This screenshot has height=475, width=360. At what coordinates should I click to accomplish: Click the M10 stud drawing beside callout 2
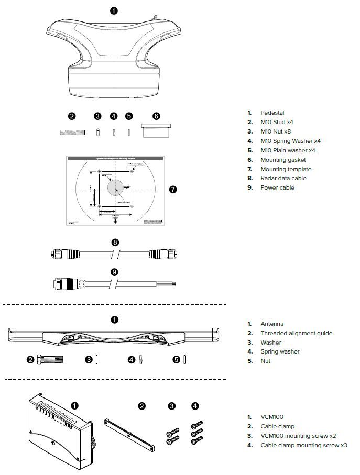tap(72, 133)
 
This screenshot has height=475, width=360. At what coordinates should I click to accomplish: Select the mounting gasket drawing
tap(156, 131)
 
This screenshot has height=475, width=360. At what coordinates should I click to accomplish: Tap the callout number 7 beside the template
tap(173, 189)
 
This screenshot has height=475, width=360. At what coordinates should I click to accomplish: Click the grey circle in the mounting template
tap(115, 187)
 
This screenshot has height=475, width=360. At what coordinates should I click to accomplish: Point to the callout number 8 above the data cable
tap(115, 242)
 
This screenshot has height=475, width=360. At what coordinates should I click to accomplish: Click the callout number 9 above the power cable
tap(115, 272)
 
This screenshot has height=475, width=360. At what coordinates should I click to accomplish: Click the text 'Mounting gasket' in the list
tap(283, 160)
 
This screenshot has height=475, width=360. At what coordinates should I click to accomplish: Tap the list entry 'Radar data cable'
tap(283, 178)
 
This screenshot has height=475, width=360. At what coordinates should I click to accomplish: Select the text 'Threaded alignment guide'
tap(297, 333)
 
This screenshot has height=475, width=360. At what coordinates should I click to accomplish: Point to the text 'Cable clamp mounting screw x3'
tap(303, 445)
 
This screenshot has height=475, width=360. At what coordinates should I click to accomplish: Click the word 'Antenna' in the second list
tap(272, 324)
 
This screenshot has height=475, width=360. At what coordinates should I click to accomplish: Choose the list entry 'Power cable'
tap(277, 187)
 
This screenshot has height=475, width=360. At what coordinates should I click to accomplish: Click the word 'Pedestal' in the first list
tap(272, 113)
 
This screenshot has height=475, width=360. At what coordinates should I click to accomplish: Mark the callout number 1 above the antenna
tap(115, 319)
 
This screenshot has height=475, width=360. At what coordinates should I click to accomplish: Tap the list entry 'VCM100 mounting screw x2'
tap(298, 436)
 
